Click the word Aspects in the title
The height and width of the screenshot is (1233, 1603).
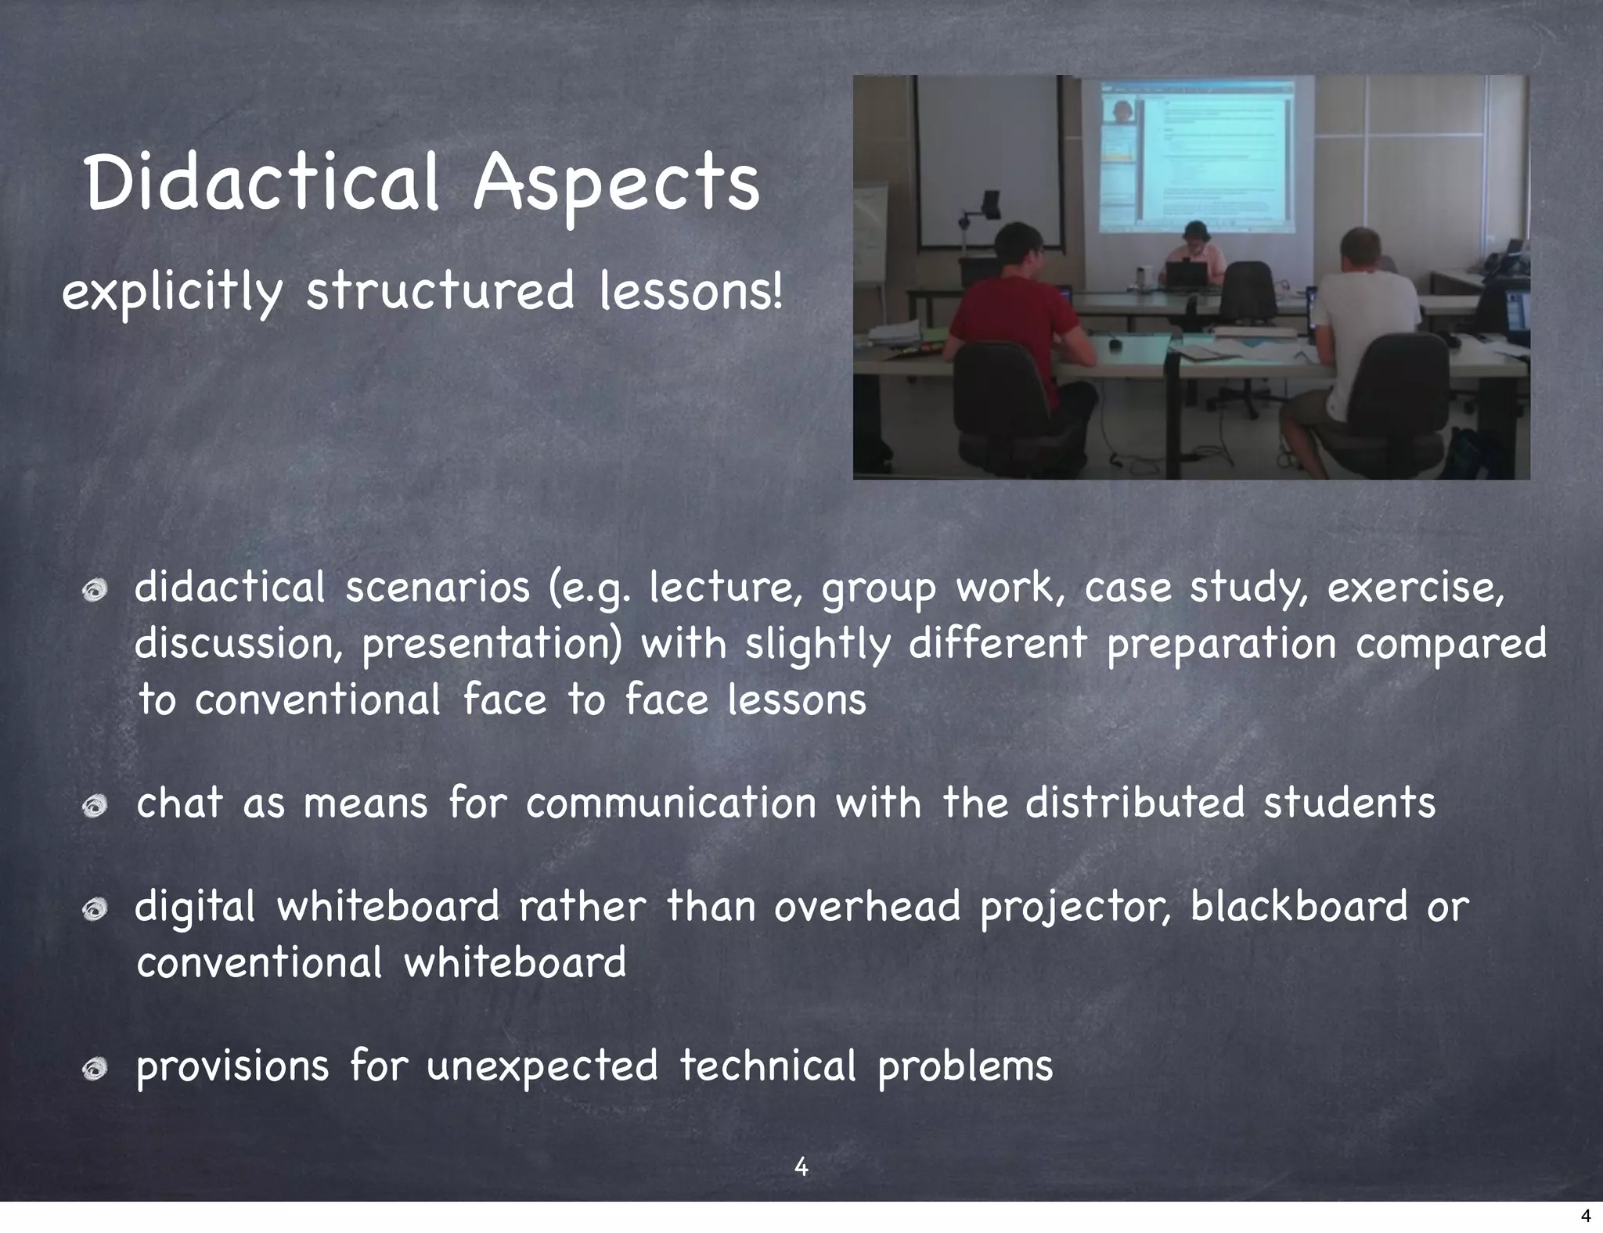[616, 184]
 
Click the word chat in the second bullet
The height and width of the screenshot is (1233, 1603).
[179, 803]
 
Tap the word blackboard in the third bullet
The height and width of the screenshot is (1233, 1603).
[1299, 907]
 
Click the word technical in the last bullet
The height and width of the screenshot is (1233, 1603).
[767, 1066]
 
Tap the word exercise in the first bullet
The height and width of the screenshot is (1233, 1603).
[1414, 588]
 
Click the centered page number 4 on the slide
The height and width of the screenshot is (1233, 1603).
[801, 1166]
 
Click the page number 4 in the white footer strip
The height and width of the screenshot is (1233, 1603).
[1585, 1216]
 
